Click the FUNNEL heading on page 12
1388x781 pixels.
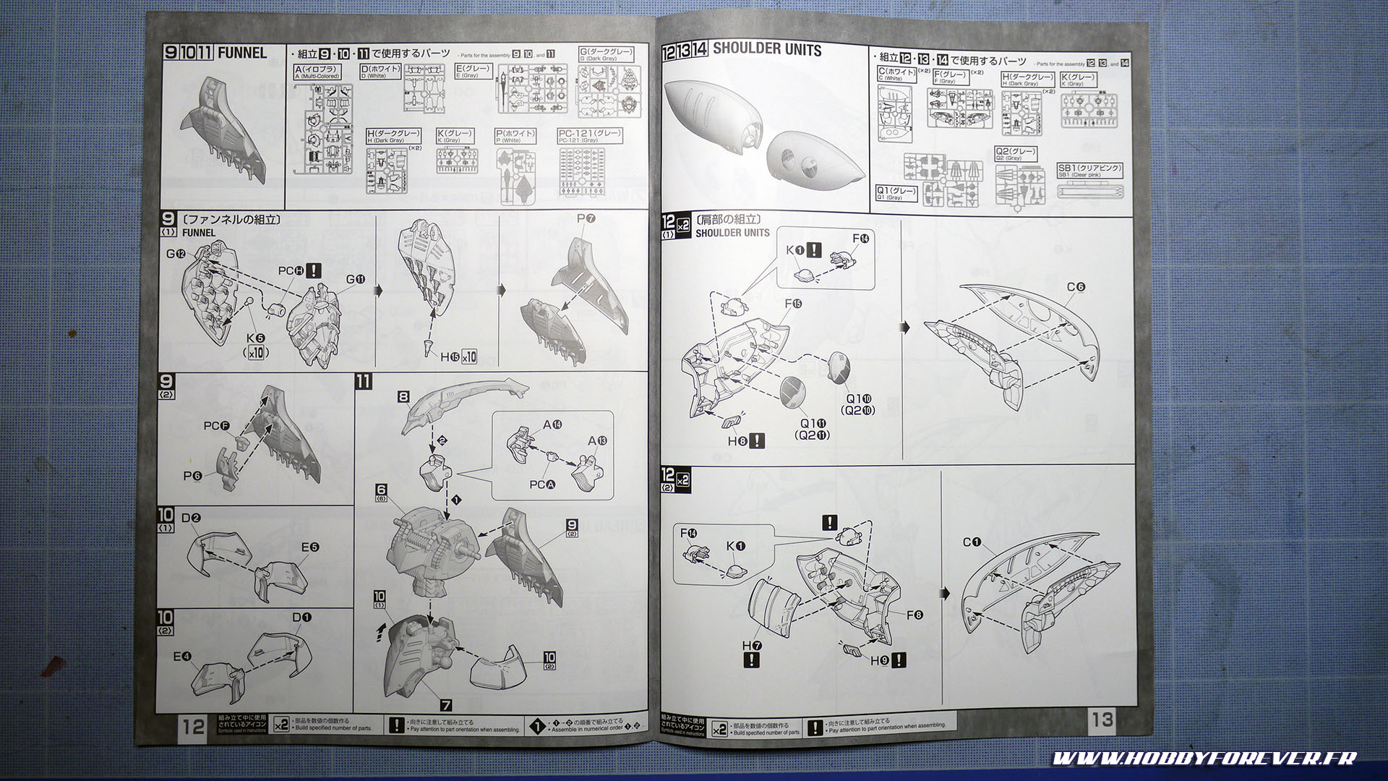pos(241,53)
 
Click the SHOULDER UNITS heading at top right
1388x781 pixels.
pos(767,49)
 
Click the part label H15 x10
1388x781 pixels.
pos(459,357)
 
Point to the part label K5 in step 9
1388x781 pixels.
pos(256,338)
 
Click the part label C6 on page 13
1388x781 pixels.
pos(1076,287)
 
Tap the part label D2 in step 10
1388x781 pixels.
pos(191,518)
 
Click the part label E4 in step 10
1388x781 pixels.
pos(182,657)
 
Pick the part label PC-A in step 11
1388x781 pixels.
pos(538,485)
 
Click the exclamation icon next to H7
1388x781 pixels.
pos(752,660)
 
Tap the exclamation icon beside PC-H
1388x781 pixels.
pos(314,270)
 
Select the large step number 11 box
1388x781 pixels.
pos(364,381)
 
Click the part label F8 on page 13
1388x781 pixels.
pos(914,615)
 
